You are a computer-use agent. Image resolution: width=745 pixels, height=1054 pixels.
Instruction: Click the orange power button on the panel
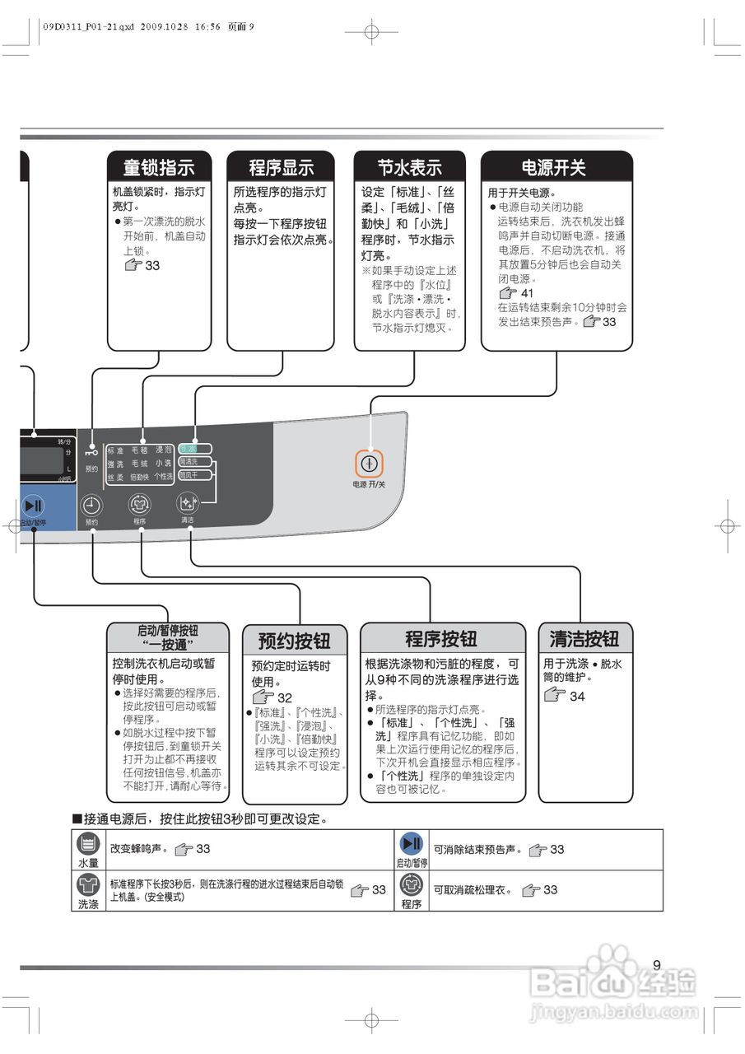pos(370,464)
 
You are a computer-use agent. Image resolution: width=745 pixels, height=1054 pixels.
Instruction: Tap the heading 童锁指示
pos(159,168)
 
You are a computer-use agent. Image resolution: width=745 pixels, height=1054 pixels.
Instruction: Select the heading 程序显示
pos(281,168)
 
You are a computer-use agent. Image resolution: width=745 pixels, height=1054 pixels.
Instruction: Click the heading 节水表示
pos(410,168)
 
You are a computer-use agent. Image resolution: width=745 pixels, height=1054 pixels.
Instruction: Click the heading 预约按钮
pos(294,641)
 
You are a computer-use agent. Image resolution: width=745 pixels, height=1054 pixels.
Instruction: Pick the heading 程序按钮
pos(441,639)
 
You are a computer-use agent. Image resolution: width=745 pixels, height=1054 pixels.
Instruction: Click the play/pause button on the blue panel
pos(34,505)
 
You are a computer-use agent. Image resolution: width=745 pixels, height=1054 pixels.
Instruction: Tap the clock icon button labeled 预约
pos(91,506)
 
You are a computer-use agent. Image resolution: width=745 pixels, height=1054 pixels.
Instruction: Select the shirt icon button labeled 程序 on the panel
pos(140,506)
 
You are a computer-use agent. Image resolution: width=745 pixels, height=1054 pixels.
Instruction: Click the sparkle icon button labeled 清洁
pos(188,504)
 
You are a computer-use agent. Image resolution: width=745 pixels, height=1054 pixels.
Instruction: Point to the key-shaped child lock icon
pos(91,452)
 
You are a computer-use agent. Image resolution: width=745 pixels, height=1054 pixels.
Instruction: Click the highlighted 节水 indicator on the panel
pos(194,449)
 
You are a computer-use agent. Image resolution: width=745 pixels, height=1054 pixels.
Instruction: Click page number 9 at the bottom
pos(656,965)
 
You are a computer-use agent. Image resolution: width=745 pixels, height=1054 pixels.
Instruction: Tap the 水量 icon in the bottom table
pos(88,844)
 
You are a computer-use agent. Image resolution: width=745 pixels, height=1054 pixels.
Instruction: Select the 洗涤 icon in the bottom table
pos(88,886)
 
